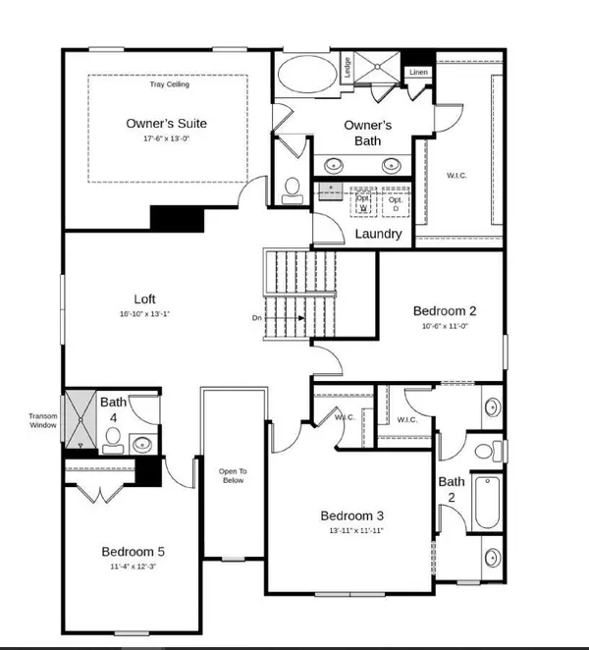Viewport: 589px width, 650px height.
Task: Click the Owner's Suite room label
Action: pyautogui.click(x=167, y=124)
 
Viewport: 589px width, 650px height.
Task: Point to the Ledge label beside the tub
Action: pyautogui.click(x=348, y=68)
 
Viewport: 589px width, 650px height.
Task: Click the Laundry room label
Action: pyautogui.click(x=378, y=234)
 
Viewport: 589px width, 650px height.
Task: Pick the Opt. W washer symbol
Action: pyautogui.click(x=363, y=202)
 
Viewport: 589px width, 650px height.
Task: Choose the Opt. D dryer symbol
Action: pyautogui.click(x=395, y=202)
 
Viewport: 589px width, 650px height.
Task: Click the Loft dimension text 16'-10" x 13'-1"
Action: pyautogui.click(x=145, y=314)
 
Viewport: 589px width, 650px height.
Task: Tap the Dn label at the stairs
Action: pyautogui.click(x=254, y=318)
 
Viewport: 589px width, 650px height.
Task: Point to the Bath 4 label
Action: pyautogui.click(x=115, y=409)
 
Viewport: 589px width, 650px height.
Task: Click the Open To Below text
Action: pyautogui.click(x=233, y=477)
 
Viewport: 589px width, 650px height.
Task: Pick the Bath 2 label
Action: pyautogui.click(x=452, y=489)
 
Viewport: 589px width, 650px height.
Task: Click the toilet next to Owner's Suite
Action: pyautogui.click(x=292, y=187)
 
